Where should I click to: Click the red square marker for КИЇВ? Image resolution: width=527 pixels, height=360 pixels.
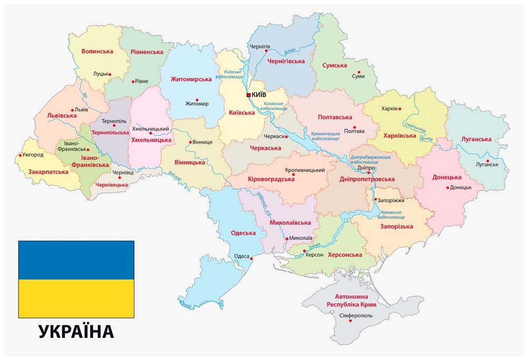(x=249, y=95)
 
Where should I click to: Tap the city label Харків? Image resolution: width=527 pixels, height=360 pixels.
(x=386, y=109)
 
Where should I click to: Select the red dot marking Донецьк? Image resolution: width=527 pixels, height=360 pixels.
(x=448, y=188)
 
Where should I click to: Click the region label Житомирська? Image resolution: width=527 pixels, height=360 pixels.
(x=191, y=79)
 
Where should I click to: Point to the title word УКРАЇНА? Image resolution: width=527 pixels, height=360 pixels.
(x=76, y=332)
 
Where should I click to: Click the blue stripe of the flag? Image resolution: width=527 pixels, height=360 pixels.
(x=76, y=260)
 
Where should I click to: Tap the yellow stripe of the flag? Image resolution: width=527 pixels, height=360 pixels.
(x=76, y=298)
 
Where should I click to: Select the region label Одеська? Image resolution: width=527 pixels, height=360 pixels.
(x=243, y=233)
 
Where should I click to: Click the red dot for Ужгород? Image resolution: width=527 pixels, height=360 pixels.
(x=20, y=155)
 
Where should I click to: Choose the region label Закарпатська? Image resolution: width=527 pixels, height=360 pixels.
(x=48, y=172)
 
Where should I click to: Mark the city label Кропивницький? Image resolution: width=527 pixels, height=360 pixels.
(x=305, y=170)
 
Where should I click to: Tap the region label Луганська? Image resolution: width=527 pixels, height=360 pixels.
(x=476, y=139)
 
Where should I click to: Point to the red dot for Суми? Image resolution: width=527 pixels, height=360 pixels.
(x=359, y=72)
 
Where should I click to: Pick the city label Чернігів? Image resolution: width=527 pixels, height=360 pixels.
(x=260, y=46)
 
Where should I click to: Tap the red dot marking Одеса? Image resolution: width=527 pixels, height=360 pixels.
(x=252, y=258)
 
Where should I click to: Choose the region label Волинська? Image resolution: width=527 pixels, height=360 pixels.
(x=97, y=51)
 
